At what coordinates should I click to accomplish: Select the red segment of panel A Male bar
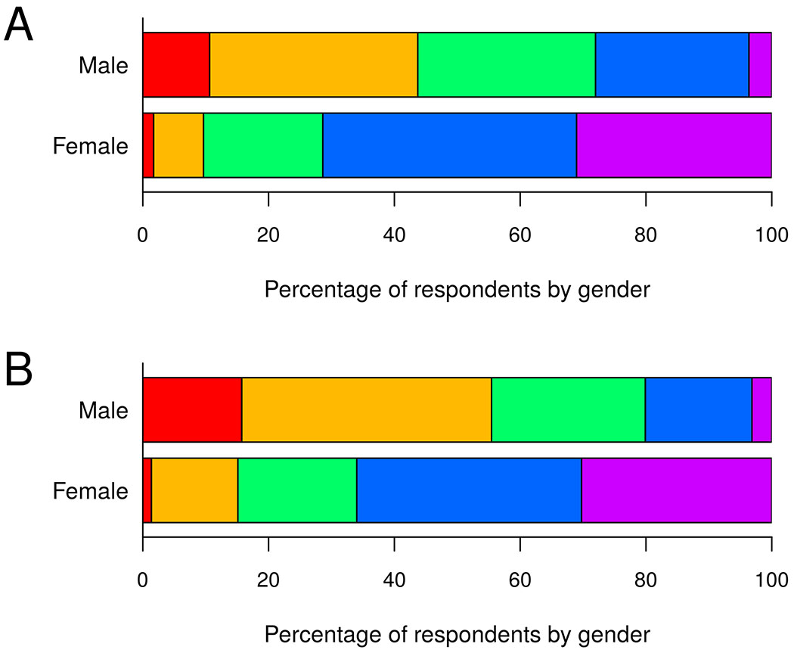point(175,65)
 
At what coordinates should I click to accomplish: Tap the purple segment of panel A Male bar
point(759,65)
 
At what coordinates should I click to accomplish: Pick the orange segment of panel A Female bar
point(178,145)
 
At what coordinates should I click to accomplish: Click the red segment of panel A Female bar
point(148,145)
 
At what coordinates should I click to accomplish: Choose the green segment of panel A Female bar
point(262,145)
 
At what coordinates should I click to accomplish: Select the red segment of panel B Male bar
point(192,409)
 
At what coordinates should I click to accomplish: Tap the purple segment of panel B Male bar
point(761,409)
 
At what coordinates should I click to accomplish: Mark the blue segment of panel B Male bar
point(698,409)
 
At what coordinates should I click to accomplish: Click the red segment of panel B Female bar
point(147,490)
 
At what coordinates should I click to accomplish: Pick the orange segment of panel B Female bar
point(194,490)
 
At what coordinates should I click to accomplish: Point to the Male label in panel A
point(104,66)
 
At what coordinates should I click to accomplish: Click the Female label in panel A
point(91,146)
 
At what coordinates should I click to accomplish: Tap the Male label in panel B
point(104,410)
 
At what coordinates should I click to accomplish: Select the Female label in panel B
point(91,491)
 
